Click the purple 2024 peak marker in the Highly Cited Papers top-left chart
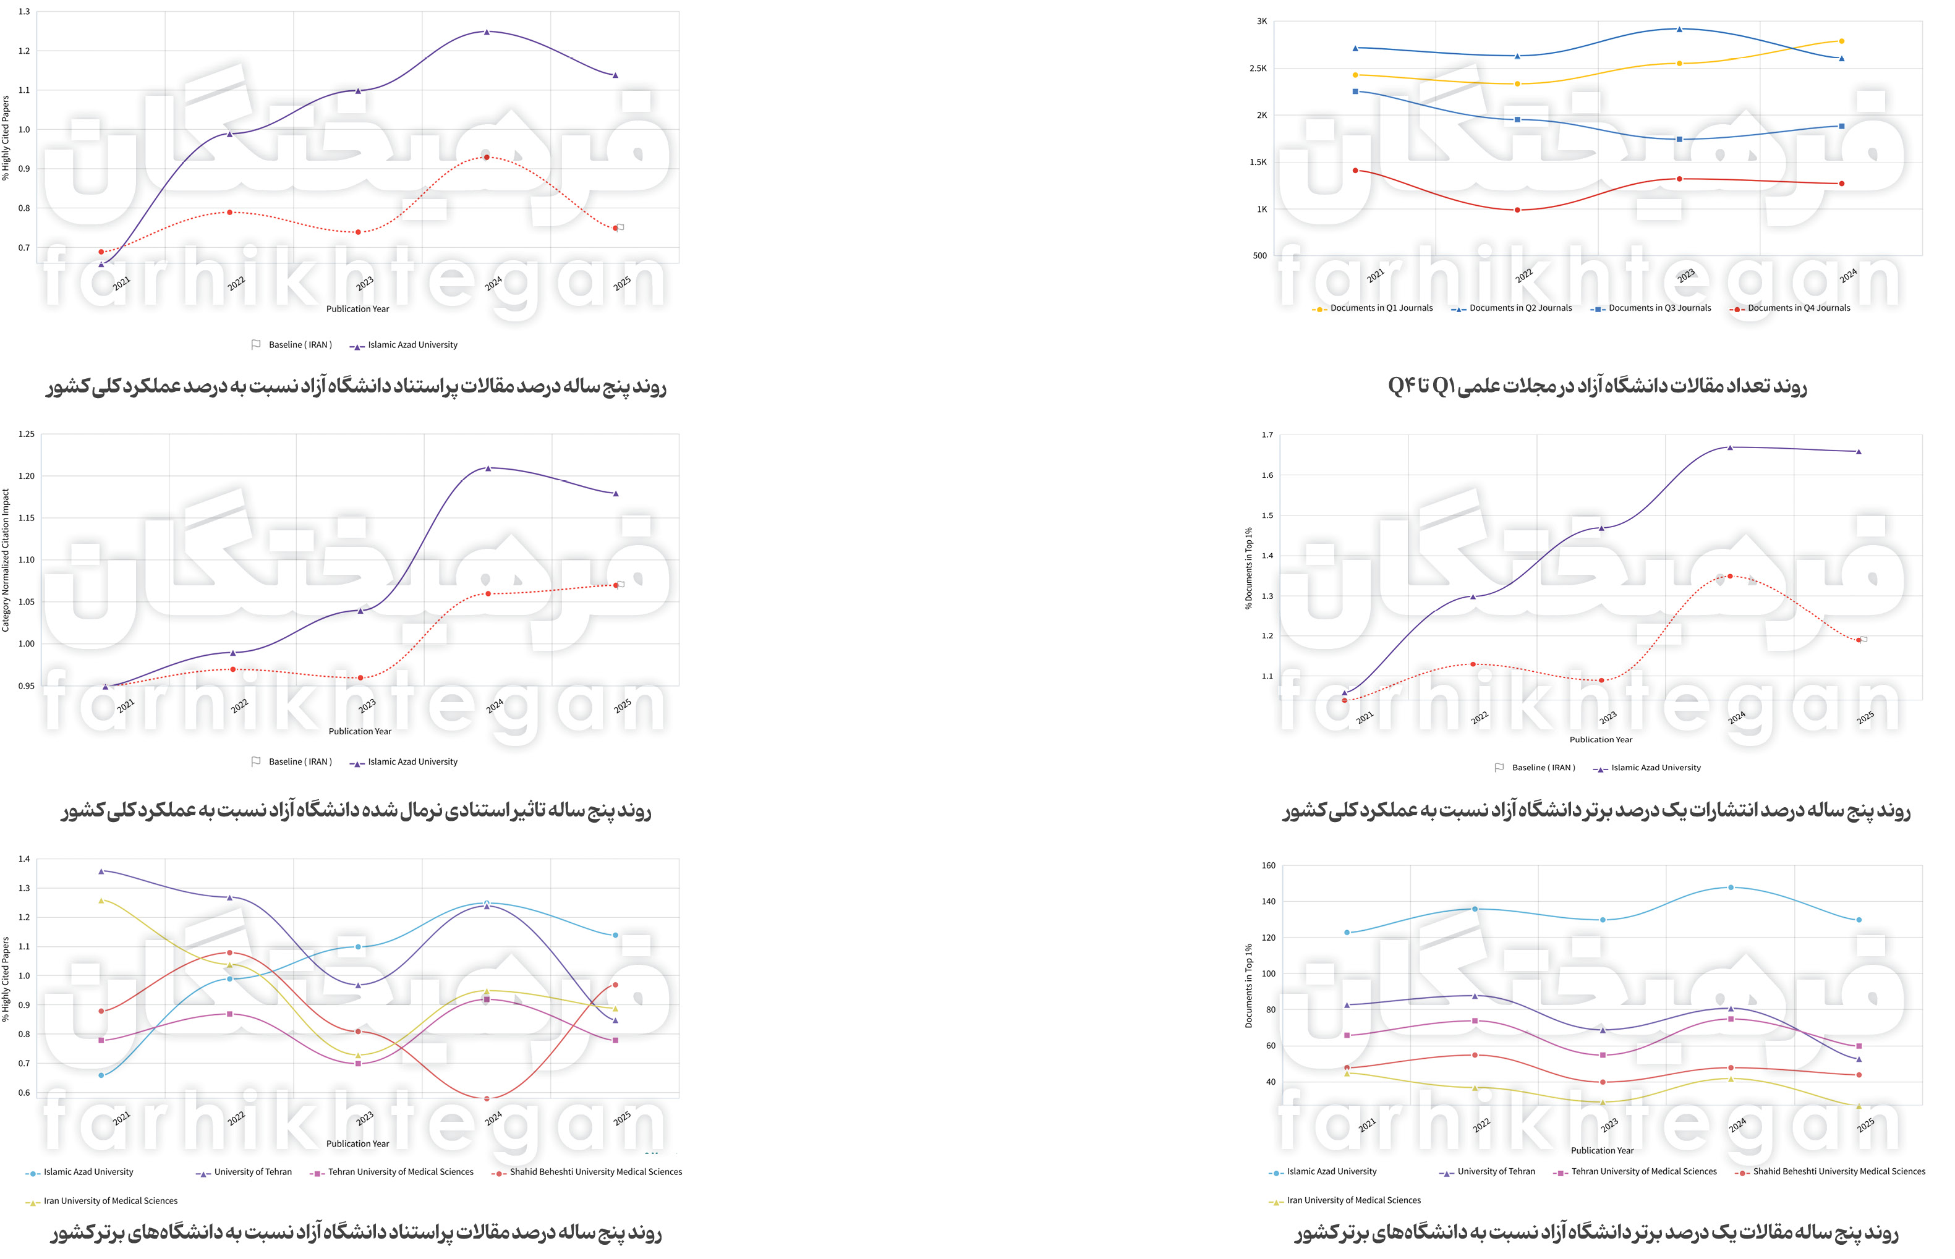(x=487, y=32)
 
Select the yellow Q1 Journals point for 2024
(x=1841, y=41)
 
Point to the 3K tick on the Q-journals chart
(x=1262, y=21)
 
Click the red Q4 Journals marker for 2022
(x=1517, y=210)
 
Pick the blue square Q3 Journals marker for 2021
(x=1356, y=91)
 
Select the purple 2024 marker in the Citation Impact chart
(x=488, y=468)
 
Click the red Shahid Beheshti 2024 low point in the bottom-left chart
(x=487, y=1099)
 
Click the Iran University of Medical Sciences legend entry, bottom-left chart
(x=109, y=1201)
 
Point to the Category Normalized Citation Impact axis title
(x=6, y=560)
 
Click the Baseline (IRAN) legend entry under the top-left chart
(x=299, y=345)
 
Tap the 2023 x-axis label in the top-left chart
(x=365, y=283)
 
